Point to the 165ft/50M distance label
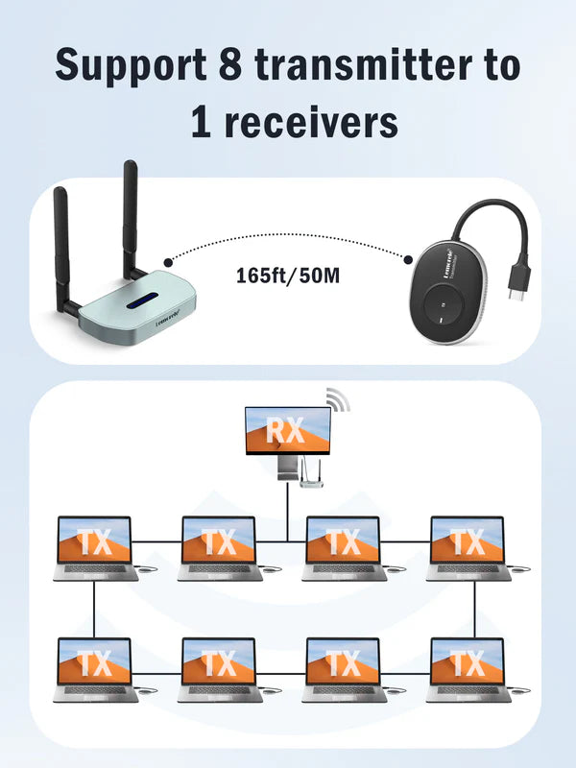285,276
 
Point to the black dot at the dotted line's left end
169,261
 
